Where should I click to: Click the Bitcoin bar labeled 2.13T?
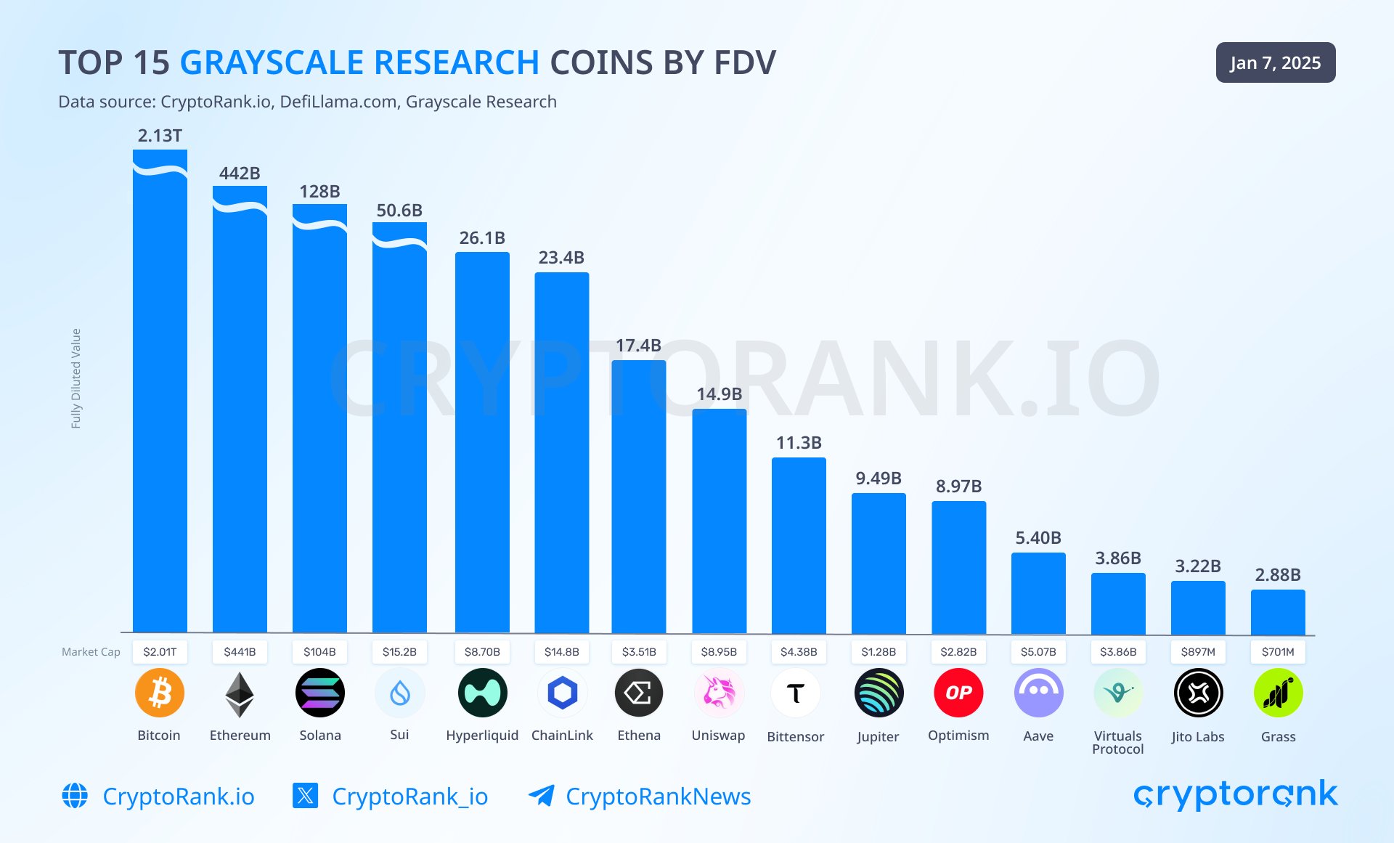(x=160, y=392)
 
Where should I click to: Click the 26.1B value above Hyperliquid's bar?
(x=482, y=238)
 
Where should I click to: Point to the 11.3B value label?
(x=799, y=443)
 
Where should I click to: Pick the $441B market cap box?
(x=240, y=652)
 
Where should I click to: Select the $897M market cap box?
(x=1198, y=652)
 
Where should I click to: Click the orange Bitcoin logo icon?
(x=160, y=693)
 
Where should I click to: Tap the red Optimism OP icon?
(x=958, y=693)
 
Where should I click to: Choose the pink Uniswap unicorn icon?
(x=719, y=693)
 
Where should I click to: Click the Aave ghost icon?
(x=1038, y=693)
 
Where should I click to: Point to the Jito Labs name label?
(x=1198, y=737)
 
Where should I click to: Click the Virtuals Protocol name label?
(x=1118, y=742)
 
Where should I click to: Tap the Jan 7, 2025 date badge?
(x=1275, y=63)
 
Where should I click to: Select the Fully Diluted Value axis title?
(x=76, y=378)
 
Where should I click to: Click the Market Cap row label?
(x=91, y=652)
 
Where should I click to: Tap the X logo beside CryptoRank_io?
(x=305, y=796)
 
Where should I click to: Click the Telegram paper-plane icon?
(x=542, y=796)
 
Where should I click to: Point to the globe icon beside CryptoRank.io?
(x=75, y=796)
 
